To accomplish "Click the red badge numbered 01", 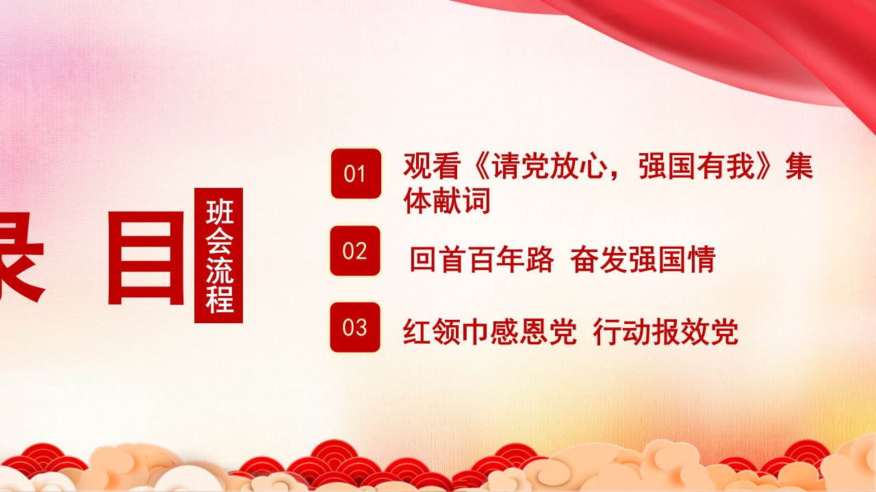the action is pyautogui.click(x=356, y=174).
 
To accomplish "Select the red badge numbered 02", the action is pyautogui.click(x=355, y=251).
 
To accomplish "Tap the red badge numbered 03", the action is pyautogui.click(x=355, y=327).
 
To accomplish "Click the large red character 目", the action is pyautogui.click(x=146, y=258).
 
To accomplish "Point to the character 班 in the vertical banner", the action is pyautogui.click(x=219, y=212).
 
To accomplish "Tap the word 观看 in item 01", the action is pyautogui.click(x=431, y=166).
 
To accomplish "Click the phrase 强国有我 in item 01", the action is pyautogui.click(x=696, y=166).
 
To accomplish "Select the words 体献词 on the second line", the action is pyautogui.click(x=447, y=200).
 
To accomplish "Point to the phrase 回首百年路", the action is pyautogui.click(x=482, y=259).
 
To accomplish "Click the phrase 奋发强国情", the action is pyautogui.click(x=643, y=259).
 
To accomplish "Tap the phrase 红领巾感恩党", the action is pyautogui.click(x=489, y=332).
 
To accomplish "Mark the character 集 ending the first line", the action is pyautogui.click(x=799, y=166).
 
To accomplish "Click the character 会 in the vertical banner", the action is pyautogui.click(x=219, y=241).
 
